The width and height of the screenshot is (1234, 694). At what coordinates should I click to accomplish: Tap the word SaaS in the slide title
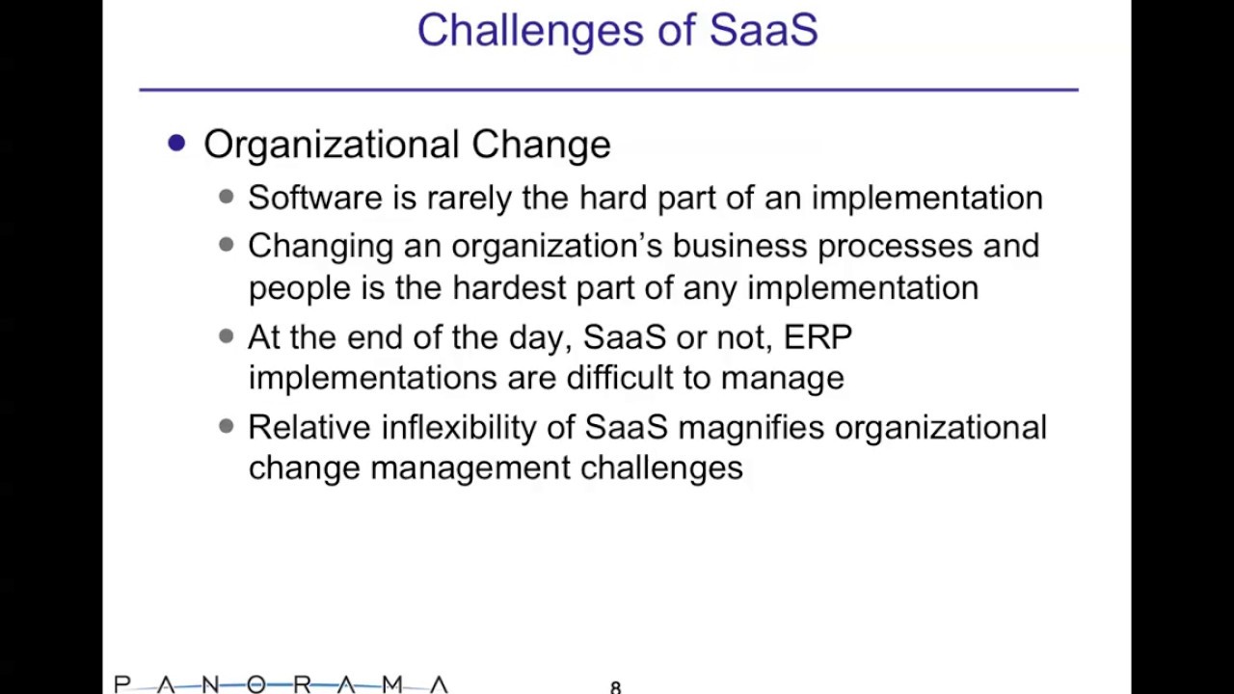(x=764, y=30)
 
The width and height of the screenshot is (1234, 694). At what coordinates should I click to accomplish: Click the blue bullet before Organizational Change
(x=176, y=144)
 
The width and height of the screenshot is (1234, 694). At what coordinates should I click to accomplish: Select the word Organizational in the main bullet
(x=331, y=145)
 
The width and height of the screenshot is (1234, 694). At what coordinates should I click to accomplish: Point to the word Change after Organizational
(x=541, y=145)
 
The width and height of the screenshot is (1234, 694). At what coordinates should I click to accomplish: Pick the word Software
(x=315, y=198)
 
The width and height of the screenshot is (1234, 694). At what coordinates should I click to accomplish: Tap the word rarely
(x=469, y=199)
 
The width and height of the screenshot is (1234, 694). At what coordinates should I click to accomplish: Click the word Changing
(x=321, y=246)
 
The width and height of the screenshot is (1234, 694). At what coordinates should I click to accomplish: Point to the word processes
(x=895, y=246)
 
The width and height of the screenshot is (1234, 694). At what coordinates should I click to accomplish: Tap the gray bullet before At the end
(x=226, y=336)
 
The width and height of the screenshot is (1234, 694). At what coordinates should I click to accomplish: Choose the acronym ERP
(x=818, y=336)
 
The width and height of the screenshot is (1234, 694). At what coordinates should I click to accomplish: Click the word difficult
(x=620, y=378)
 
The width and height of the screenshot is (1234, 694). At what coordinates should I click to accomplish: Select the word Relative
(x=309, y=427)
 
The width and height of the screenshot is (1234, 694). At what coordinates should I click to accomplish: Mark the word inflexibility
(x=458, y=428)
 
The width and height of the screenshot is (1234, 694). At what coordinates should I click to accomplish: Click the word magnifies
(x=751, y=428)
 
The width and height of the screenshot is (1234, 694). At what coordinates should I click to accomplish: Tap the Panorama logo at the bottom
(x=281, y=684)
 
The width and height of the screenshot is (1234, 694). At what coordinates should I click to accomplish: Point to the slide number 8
(x=615, y=687)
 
